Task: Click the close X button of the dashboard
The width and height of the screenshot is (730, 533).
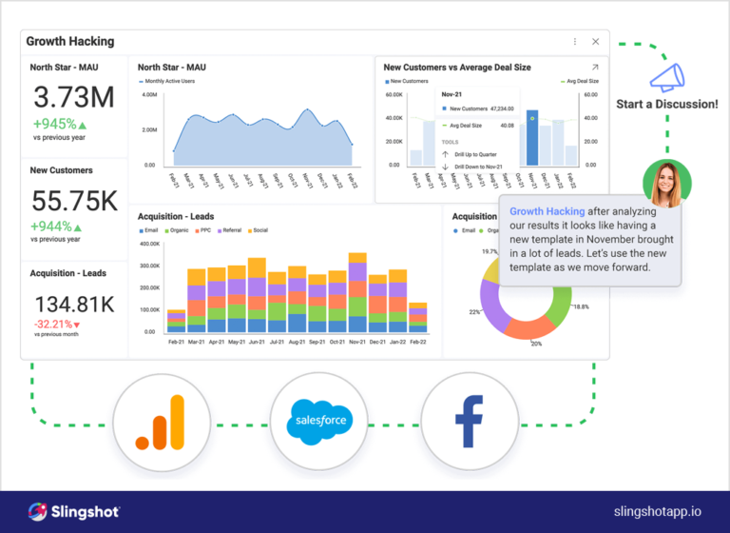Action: point(595,42)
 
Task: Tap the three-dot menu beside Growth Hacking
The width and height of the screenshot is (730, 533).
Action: point(574,42)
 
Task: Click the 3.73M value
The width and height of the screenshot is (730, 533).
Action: point(74,97)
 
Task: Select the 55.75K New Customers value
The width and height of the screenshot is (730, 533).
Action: point(74,201)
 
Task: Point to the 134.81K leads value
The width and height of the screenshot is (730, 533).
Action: point(74,305)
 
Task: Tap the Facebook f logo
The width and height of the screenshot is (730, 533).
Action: point(469,420)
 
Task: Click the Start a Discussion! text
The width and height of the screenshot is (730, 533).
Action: point(666,104)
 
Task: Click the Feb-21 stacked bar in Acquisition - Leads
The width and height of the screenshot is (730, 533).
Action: point(176,321)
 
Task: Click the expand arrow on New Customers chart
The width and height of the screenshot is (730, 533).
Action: point(595,68)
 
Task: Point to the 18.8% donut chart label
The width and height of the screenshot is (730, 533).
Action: point(581,306)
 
